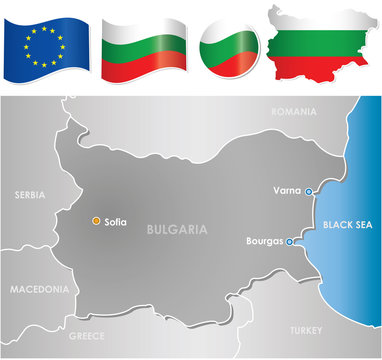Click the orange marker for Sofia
tap(95, 220)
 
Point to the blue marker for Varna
tap(309, 191)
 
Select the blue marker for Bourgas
tap(289, 242)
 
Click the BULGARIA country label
tap(176, 229)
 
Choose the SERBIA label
tap(31, 196)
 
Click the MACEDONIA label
tap(40, 289)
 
